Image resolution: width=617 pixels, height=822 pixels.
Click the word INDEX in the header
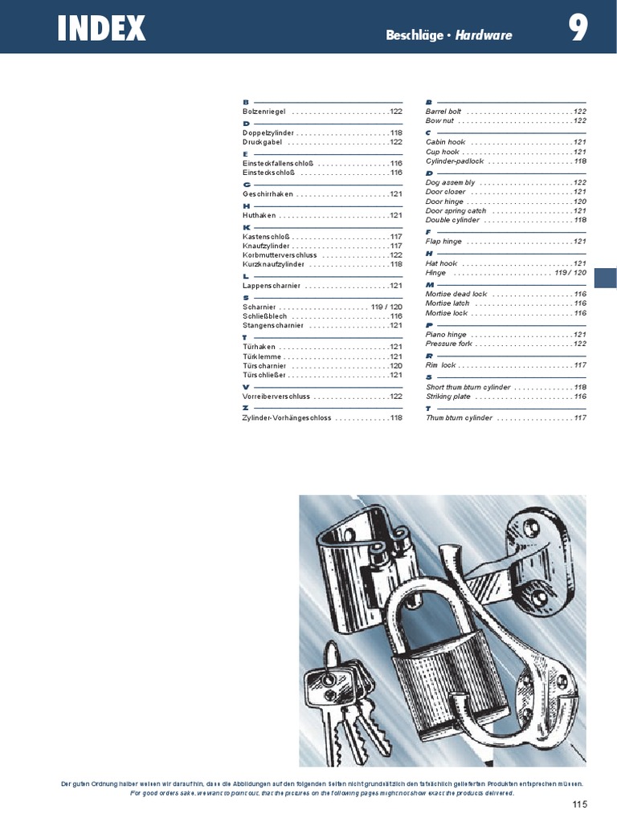pyautogui.click(x=101, y=30)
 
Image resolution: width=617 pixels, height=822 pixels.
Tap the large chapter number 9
pyautogui.click(x=578, y=30)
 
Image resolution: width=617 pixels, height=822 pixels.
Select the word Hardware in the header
pyautogui.click(x=484, y=35)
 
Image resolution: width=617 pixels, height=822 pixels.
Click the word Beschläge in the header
pyautogui.click(x=414, y=35)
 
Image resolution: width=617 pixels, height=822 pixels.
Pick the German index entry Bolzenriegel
pyautogui.click(x=264, y=112)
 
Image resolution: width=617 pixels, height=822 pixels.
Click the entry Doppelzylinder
pyautogui.click(x=268, y=132)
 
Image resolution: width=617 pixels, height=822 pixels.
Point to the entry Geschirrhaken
pyautogui.click(x=268, y=194)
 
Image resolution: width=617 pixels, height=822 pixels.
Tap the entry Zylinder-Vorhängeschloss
pyautogui.click(x=287, y=418)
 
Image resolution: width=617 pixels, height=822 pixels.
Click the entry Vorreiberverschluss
pyautogui.click(x=276, y=397)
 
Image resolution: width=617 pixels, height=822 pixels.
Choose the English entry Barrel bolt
pyautogui.click(x=443, y=111)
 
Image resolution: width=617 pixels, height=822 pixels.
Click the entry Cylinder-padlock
pyautogui.click(x=455, y=161)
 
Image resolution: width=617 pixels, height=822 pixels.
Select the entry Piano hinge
pyautogui.click(x=446, y=334)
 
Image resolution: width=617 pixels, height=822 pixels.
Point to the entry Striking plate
pyautogui.click(x=448, y=397)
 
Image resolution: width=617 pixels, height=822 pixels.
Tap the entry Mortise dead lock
pyautogui.click(x=456, y=294)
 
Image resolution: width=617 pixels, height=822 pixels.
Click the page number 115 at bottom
pyautogui.click(x=580, y=804)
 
